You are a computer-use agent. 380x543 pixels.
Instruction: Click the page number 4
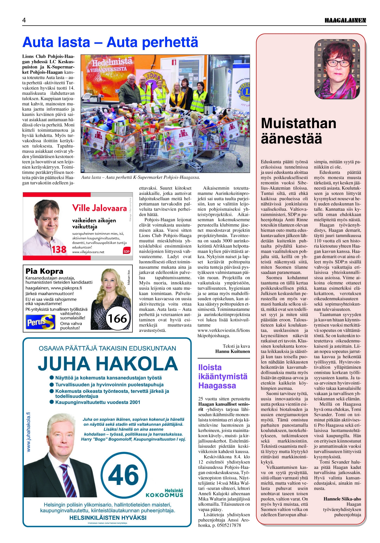click(24, 20)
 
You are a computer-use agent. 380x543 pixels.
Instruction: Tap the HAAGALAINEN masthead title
click(345, 20)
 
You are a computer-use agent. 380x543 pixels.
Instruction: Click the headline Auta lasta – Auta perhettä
click(110, 42)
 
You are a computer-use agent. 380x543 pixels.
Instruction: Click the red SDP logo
click(126, 250)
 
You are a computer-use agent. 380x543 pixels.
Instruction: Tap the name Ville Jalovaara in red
click(99, 208)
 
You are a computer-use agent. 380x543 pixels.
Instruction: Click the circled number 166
click(118, 318)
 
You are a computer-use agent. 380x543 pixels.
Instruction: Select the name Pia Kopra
click(44, 271)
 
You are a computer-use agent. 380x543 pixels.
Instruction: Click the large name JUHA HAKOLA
click(108, 364)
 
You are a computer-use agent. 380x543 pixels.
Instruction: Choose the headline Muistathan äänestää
click(299, 131)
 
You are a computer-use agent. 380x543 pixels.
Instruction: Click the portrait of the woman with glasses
click(337, 69)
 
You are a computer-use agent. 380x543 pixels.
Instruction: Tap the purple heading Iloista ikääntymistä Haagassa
click(223, 377)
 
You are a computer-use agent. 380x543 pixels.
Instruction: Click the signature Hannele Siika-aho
click(342, 499)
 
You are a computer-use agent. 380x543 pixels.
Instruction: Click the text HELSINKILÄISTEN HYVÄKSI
click(108, 518)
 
